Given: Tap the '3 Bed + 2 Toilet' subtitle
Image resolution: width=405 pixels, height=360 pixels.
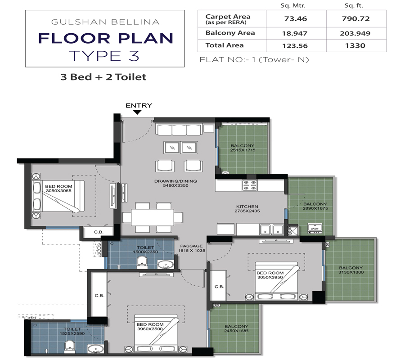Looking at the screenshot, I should [103, 77].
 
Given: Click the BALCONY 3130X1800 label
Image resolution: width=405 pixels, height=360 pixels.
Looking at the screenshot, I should [351, 270].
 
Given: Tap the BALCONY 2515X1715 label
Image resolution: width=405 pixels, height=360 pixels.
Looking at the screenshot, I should [243, 148].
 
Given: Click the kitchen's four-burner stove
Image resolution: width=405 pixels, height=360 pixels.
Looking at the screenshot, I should [249, 184].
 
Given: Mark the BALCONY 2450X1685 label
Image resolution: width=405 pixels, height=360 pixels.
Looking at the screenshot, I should [236, 329].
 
